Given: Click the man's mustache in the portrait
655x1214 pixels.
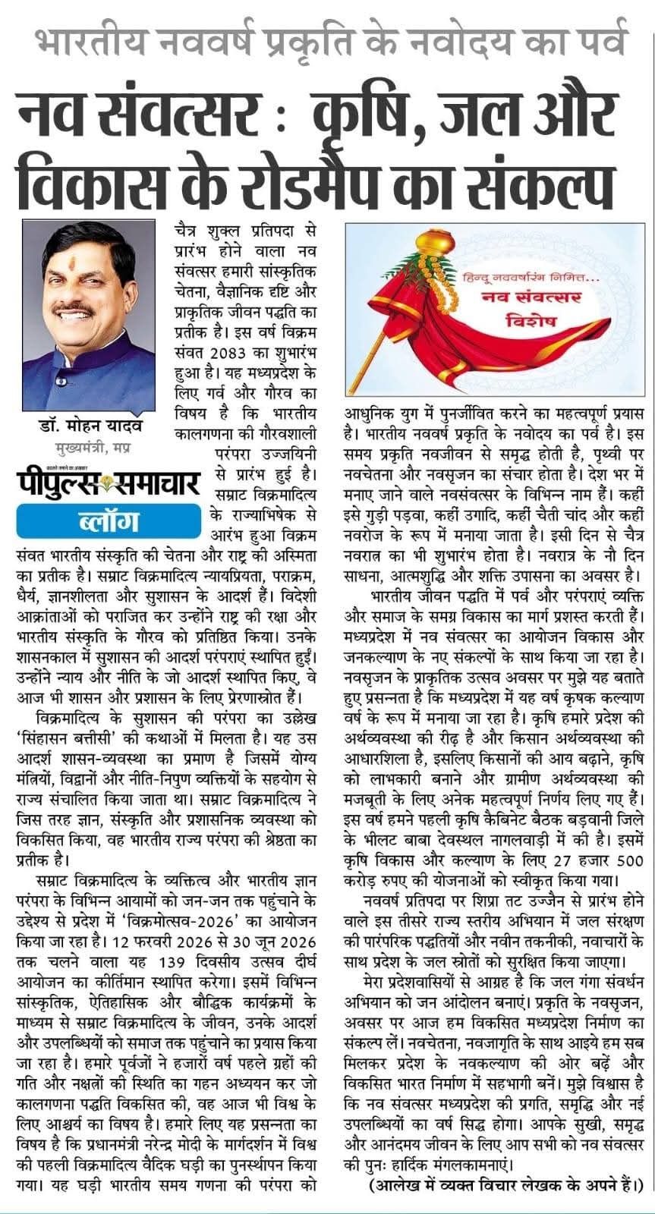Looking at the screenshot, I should (x=74, y=310).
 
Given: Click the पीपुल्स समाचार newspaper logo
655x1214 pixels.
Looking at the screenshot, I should (x=108, y=484).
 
